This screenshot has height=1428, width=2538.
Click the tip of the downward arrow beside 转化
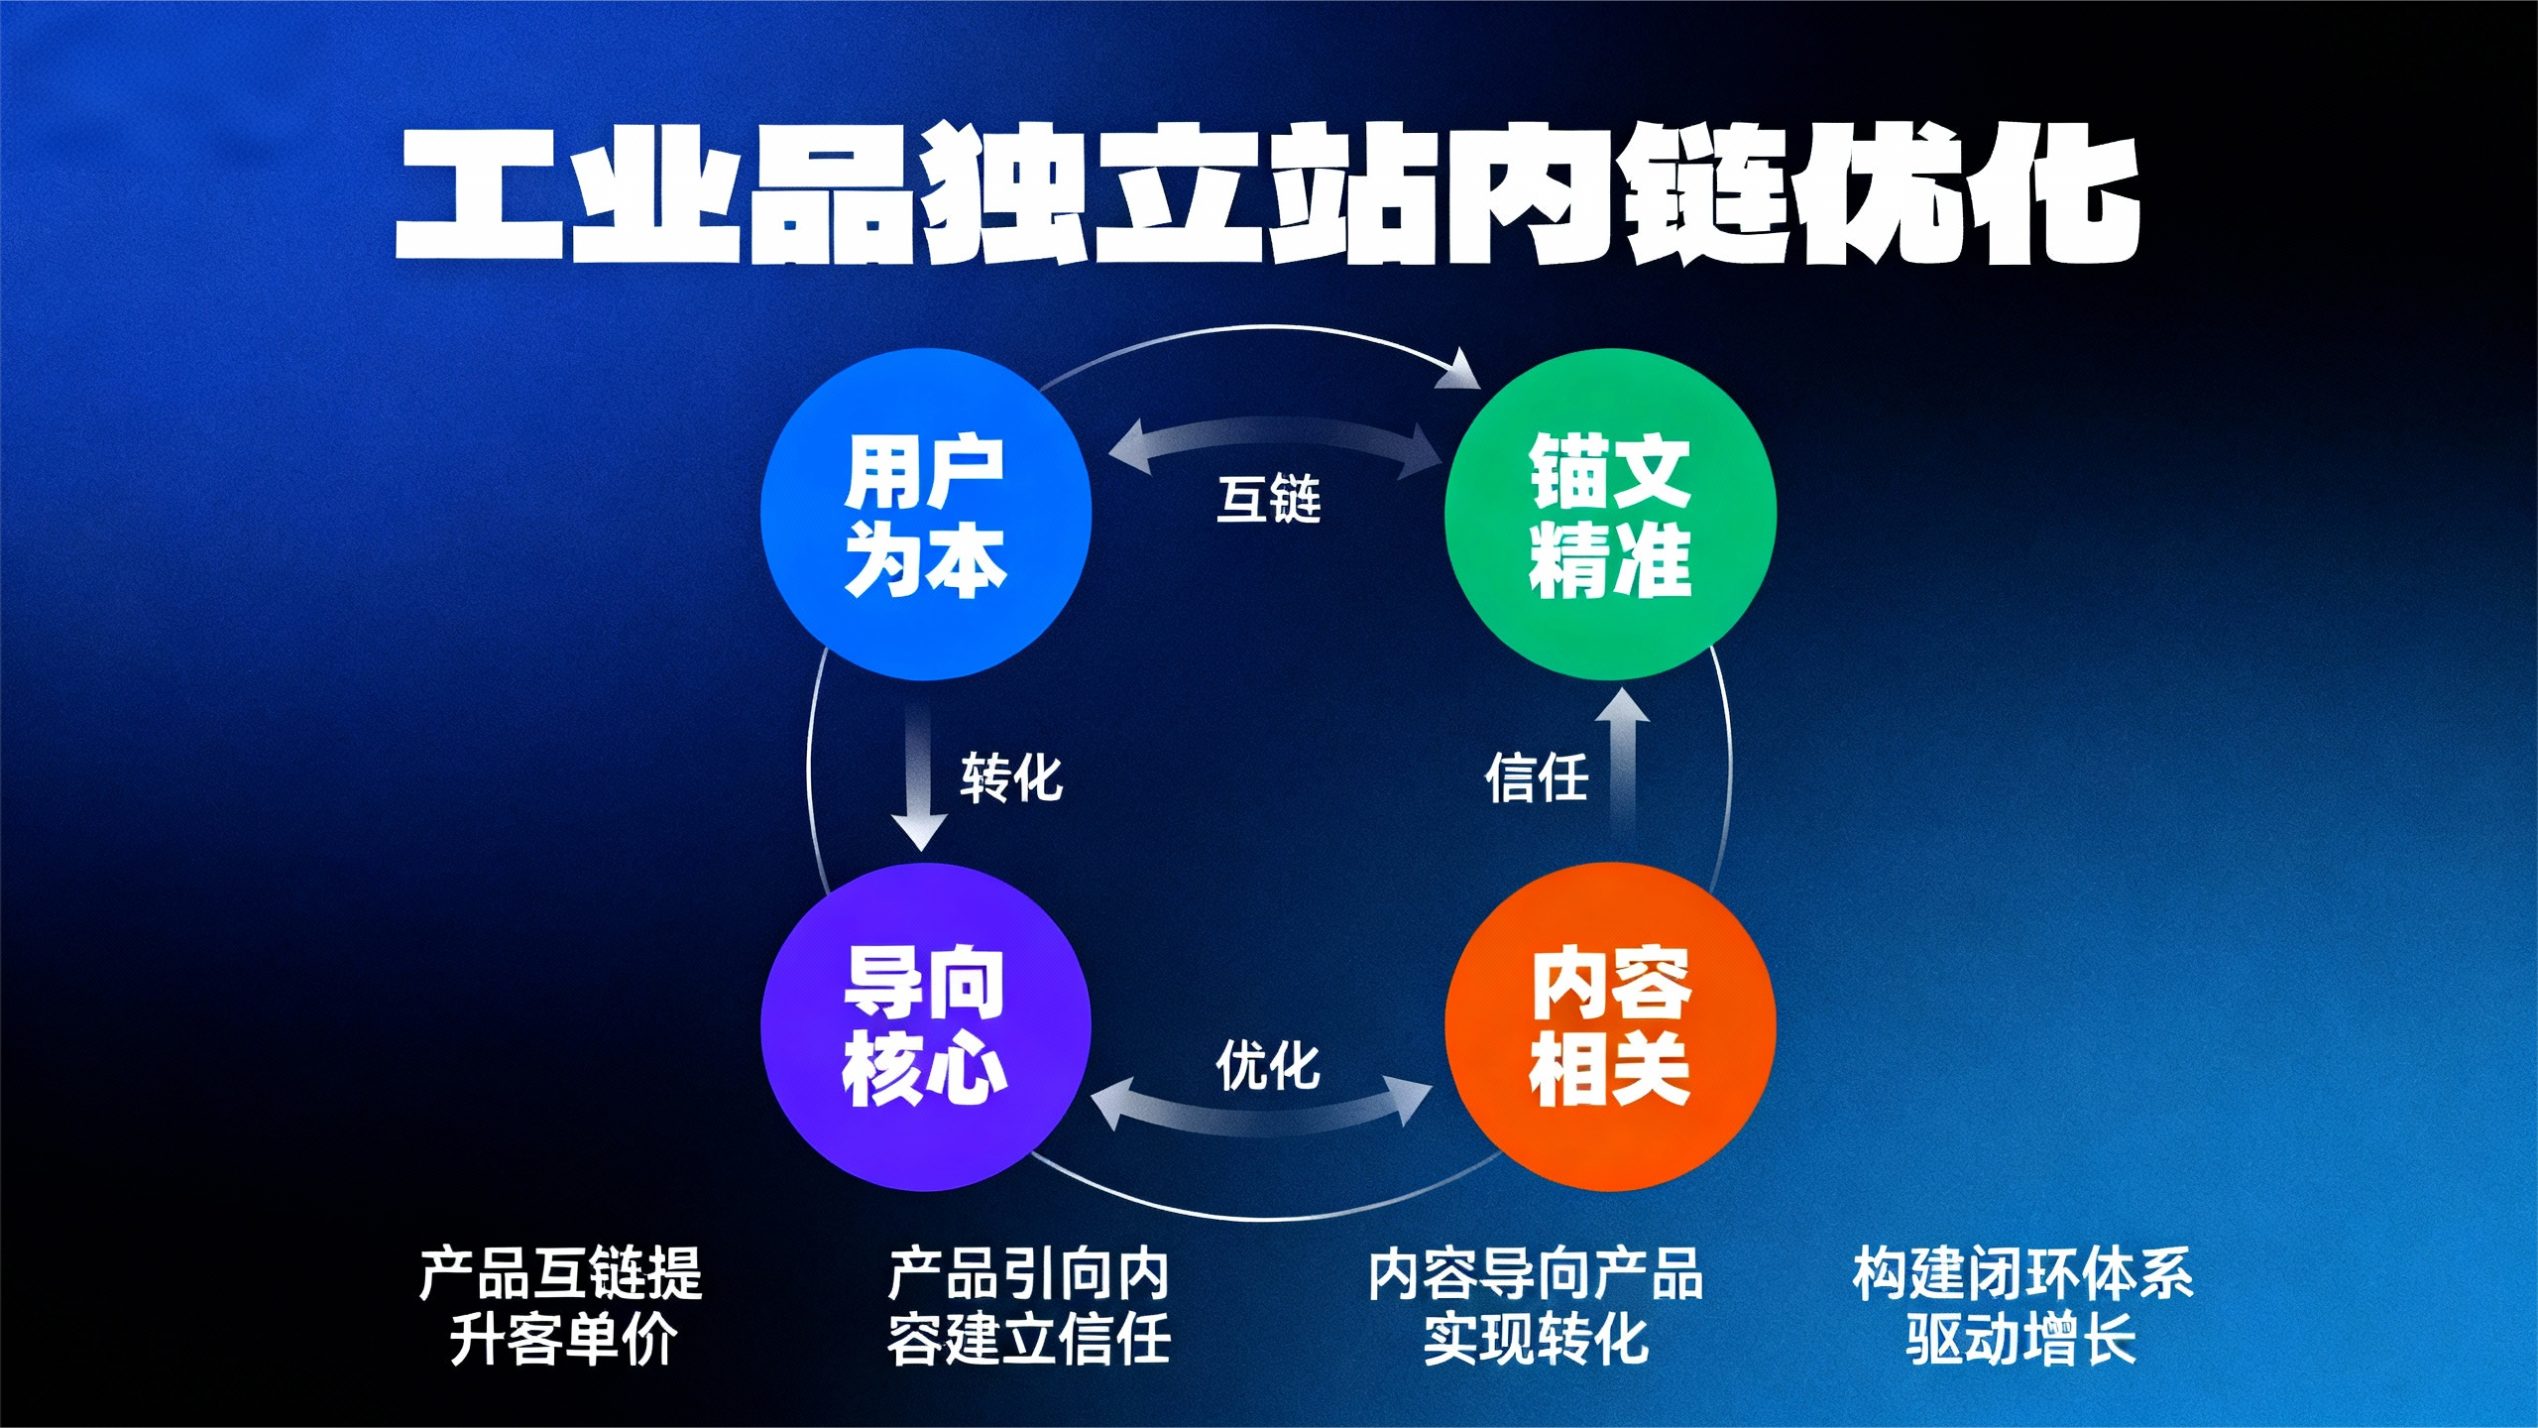point(921,851)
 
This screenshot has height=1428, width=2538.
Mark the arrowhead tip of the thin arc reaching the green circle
point(1480,388)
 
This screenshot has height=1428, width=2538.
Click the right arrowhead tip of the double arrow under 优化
point(1434,1089)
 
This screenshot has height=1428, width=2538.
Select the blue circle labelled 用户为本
point(926,515)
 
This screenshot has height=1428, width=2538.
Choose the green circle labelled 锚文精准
point(1610,514)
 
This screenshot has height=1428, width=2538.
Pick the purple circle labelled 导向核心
point(926,1027)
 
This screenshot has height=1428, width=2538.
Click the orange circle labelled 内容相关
point(1610,1027)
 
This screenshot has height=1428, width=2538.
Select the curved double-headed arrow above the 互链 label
point(1275,432)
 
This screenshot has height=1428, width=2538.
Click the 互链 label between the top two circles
point(1269,499)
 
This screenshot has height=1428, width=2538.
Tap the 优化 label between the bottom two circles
point(1268,1066)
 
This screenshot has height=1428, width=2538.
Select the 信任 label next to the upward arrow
point(1536,777)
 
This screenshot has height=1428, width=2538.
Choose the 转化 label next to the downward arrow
point(1011,777)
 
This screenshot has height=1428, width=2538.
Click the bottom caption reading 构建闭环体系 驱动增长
point(2022,1306)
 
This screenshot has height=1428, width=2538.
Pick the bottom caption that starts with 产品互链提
point(561,1306)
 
